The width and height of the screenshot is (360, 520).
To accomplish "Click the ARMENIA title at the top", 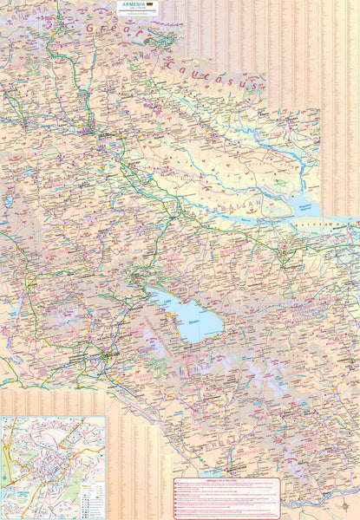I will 134,4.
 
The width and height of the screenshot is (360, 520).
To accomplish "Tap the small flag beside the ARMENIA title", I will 150,4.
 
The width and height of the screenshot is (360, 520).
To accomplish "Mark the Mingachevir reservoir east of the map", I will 304,208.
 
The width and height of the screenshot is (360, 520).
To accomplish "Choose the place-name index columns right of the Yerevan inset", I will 139,459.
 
